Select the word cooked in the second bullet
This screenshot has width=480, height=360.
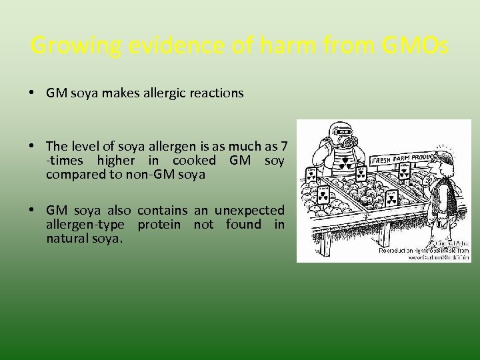194,161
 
